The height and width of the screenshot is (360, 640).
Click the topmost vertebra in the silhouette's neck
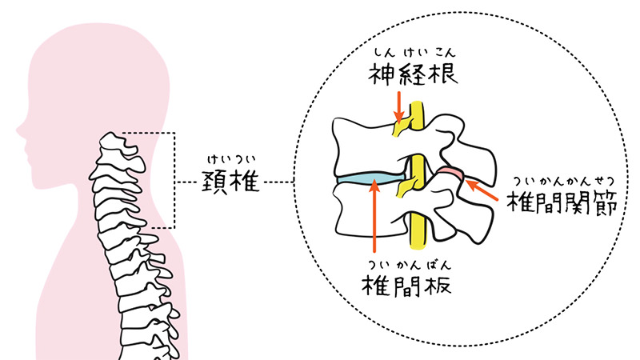click(111, 145)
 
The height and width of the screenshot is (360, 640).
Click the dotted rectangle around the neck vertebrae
click(174, 179)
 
